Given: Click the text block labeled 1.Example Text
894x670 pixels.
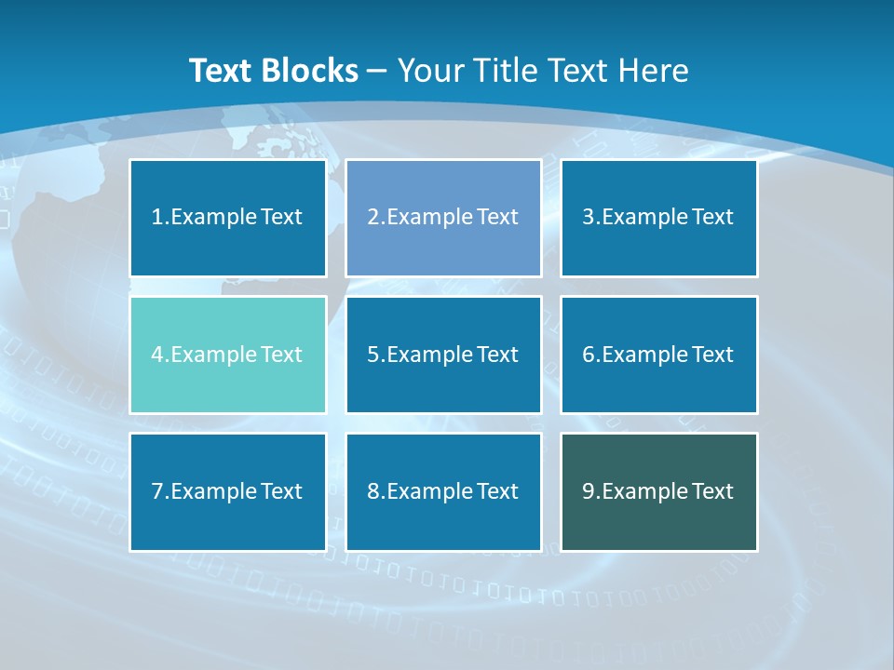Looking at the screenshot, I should pyautogui.click(x=227, y=218).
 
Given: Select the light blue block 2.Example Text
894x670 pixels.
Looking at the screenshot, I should pyautogui.click(x=443, y=218).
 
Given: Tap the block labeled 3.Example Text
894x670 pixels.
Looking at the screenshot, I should pyautogui.click(x=658, y=218).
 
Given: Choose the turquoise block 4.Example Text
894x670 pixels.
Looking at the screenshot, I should pyautogui.click(x=227, y=355).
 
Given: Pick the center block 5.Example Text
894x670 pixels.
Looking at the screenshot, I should pyautogui.click(x=443, y=355).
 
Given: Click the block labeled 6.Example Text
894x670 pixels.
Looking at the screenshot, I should pyautogui.click(x=658, y=355).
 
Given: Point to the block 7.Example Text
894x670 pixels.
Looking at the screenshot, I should pyautogui.click(x=227, y=491).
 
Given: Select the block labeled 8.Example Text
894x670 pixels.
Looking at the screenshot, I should pyautogui.click(x=443, y=491).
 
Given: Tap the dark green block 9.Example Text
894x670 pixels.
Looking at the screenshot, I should pyautogui.click(x=658, y=491).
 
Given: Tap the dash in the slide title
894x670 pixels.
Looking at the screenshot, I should pyautogui.click(x=377, y=71).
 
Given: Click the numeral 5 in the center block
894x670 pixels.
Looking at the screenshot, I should pyautogui.click(x=372, y=355).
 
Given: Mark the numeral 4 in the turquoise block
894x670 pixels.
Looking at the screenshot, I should pyautogui.click(x=157, y=355).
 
